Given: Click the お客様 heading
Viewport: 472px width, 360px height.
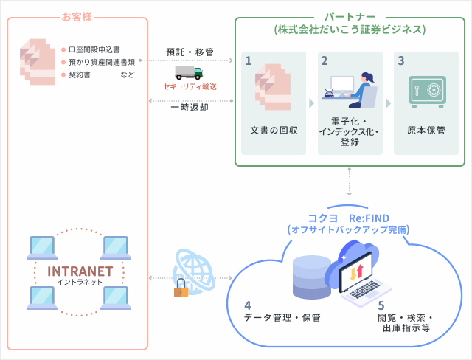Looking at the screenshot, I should coord(77,16).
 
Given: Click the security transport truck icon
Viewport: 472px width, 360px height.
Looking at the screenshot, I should coord(189,72).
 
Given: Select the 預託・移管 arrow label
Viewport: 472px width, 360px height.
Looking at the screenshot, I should coord(190,52).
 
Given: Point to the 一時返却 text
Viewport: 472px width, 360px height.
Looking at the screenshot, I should coord(190,107).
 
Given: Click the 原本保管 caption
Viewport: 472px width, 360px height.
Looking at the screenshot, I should coord(426,130).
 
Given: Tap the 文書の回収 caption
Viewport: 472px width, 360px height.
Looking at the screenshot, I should coord(274,130).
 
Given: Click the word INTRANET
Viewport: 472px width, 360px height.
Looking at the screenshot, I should coord(80,271).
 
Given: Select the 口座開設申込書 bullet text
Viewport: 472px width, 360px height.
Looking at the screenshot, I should coord(94,50).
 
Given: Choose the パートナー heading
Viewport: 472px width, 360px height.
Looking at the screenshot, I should coord(350,16).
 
